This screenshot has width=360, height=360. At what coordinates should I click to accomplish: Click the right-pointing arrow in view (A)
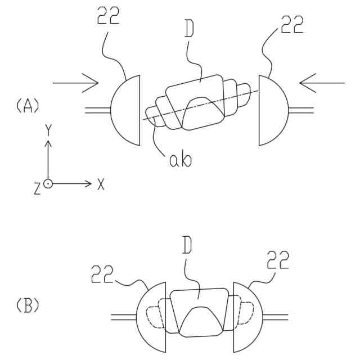(x=76, y=83)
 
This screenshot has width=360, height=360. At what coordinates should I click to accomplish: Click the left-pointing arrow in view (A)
(x=322, y=83)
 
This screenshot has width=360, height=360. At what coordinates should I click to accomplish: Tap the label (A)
(x=27, y=105)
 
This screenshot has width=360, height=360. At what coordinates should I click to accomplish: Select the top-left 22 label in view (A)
(x=107, y=17)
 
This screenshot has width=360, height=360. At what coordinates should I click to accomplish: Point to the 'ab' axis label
(x=180, y=160)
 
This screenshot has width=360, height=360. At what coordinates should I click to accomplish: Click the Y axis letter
(x=48, y=131)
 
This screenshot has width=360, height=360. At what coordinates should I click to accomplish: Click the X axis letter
(x=101, y=184)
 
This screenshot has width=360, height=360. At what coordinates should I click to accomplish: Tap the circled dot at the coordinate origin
(x=48, y=184)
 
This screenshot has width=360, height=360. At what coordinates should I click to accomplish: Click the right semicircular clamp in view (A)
(x=272, y=110)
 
